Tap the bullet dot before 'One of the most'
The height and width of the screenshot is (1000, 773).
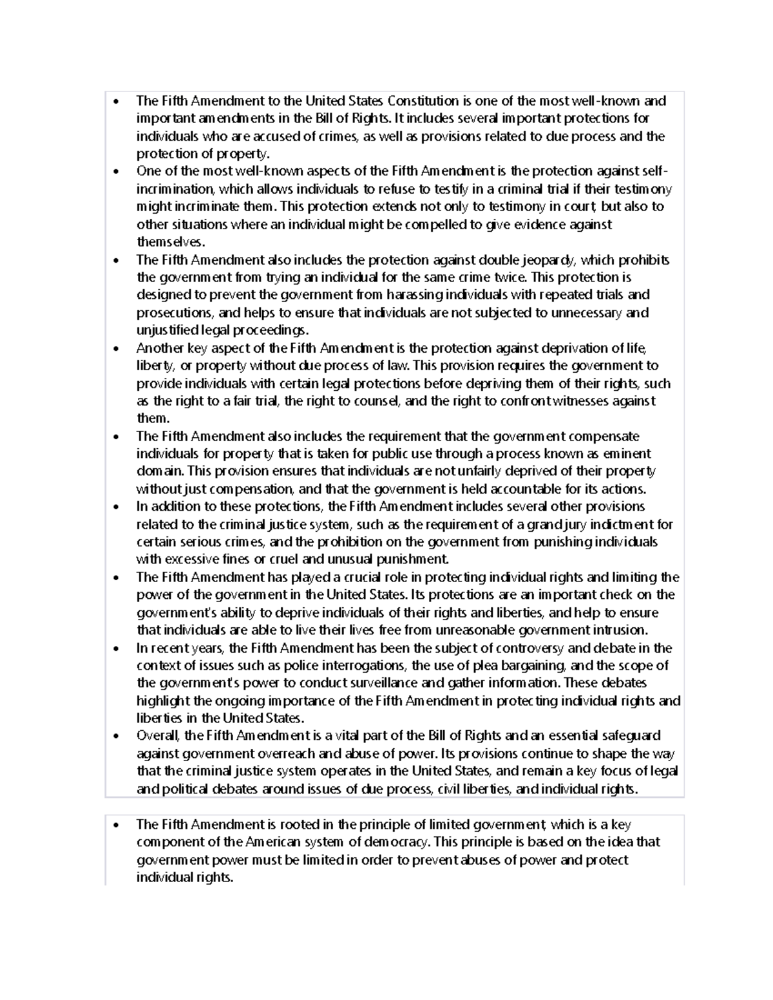pyautogui.click(x=115, y=172)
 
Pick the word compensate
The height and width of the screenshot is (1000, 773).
pyautogui.click(x=598, y=437)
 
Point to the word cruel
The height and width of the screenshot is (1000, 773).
pyautogui.click(x=278, y=560)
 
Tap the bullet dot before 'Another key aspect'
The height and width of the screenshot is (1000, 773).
pyautogui.click(x=115, y=349)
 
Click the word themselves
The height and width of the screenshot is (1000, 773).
pyautogui.click(x=169, y=242)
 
